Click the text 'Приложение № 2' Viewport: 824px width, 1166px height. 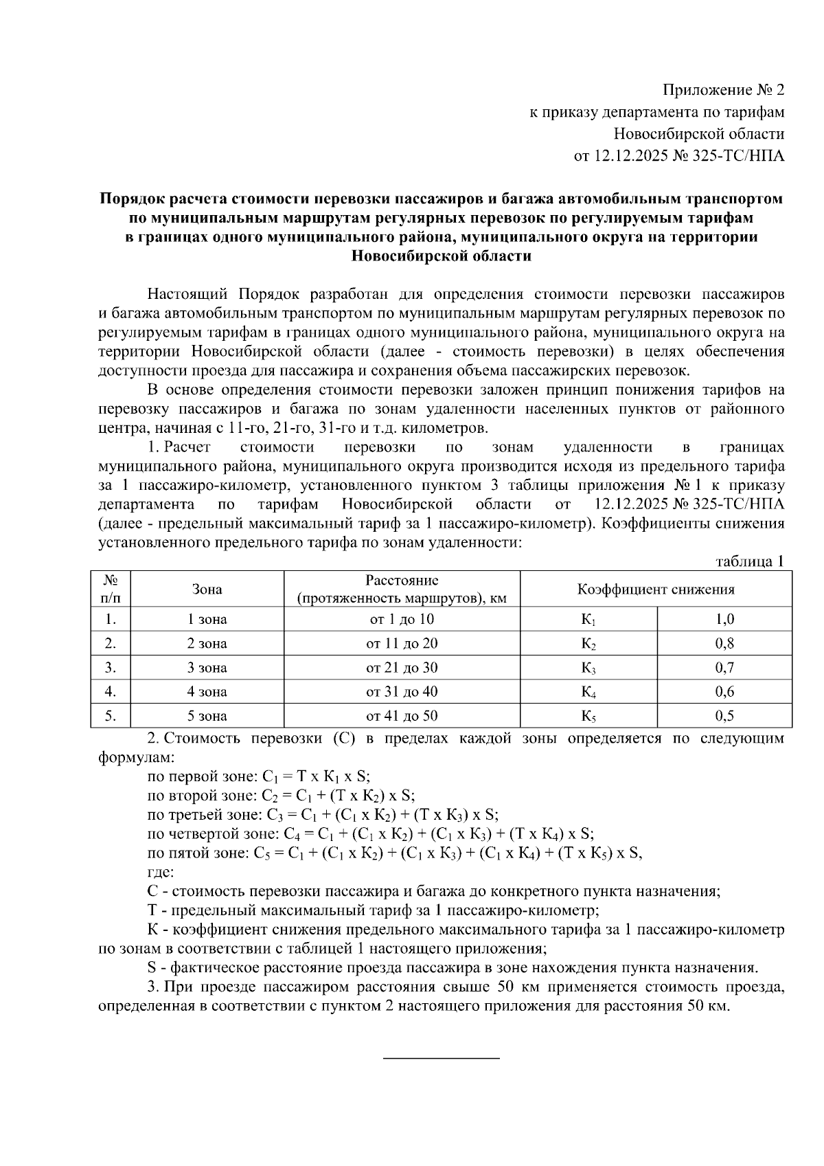(x=722, y=91)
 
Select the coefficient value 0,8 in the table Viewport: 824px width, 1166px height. (x=724, y=644)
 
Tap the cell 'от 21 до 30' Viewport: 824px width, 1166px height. (x=402, y=668)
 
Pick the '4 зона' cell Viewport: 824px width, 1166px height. (x=207, y=692)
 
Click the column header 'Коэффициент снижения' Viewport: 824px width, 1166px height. (x=656, y=590)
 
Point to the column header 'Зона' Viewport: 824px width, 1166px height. (x=207, y=590)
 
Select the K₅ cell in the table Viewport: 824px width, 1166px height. (x=588, y=716)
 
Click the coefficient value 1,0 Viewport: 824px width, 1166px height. (x=724, y=620)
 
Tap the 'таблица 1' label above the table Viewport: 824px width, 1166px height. (x=749, y=562)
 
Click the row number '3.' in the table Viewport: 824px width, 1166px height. (x=110, y=668)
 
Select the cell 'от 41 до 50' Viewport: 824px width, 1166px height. (x=402, y=716)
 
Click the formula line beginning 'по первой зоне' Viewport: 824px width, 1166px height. (x=259, y=777)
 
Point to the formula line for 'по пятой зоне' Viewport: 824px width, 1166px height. (x=394, y=853)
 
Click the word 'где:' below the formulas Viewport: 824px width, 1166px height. (x=161, y=873)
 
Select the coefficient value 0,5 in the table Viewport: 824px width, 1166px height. (x=724, y=716)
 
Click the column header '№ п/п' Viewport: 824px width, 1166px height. (x=110, y=590)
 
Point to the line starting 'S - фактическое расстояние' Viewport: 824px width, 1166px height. (x=453, y=969)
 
